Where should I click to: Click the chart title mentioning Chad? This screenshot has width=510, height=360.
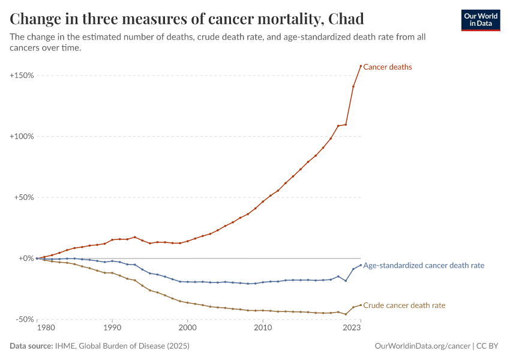point(187,19)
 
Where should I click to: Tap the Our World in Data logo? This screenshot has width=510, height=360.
point(480,20)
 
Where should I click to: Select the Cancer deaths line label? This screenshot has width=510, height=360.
point(388,67)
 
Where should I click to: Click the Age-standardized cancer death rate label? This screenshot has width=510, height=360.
point(424,265)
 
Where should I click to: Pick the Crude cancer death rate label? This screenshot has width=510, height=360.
point(404,305)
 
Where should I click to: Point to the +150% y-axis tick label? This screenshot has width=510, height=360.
point(22,76)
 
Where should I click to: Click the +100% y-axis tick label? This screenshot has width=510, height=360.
point(22,137)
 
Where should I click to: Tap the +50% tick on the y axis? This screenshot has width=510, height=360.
point(23,197)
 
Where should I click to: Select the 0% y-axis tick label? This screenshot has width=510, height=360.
point(26,259)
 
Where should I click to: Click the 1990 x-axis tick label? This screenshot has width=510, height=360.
point(112,328)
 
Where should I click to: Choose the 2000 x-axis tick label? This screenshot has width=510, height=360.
point(187,328)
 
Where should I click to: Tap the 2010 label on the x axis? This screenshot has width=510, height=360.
point(263,328)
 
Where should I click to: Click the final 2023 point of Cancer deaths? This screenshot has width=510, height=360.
point(361,66)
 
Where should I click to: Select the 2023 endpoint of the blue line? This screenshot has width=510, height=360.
point(361,265)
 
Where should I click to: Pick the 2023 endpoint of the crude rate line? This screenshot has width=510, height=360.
point(361,305)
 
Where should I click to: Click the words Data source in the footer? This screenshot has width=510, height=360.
point(30,346)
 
